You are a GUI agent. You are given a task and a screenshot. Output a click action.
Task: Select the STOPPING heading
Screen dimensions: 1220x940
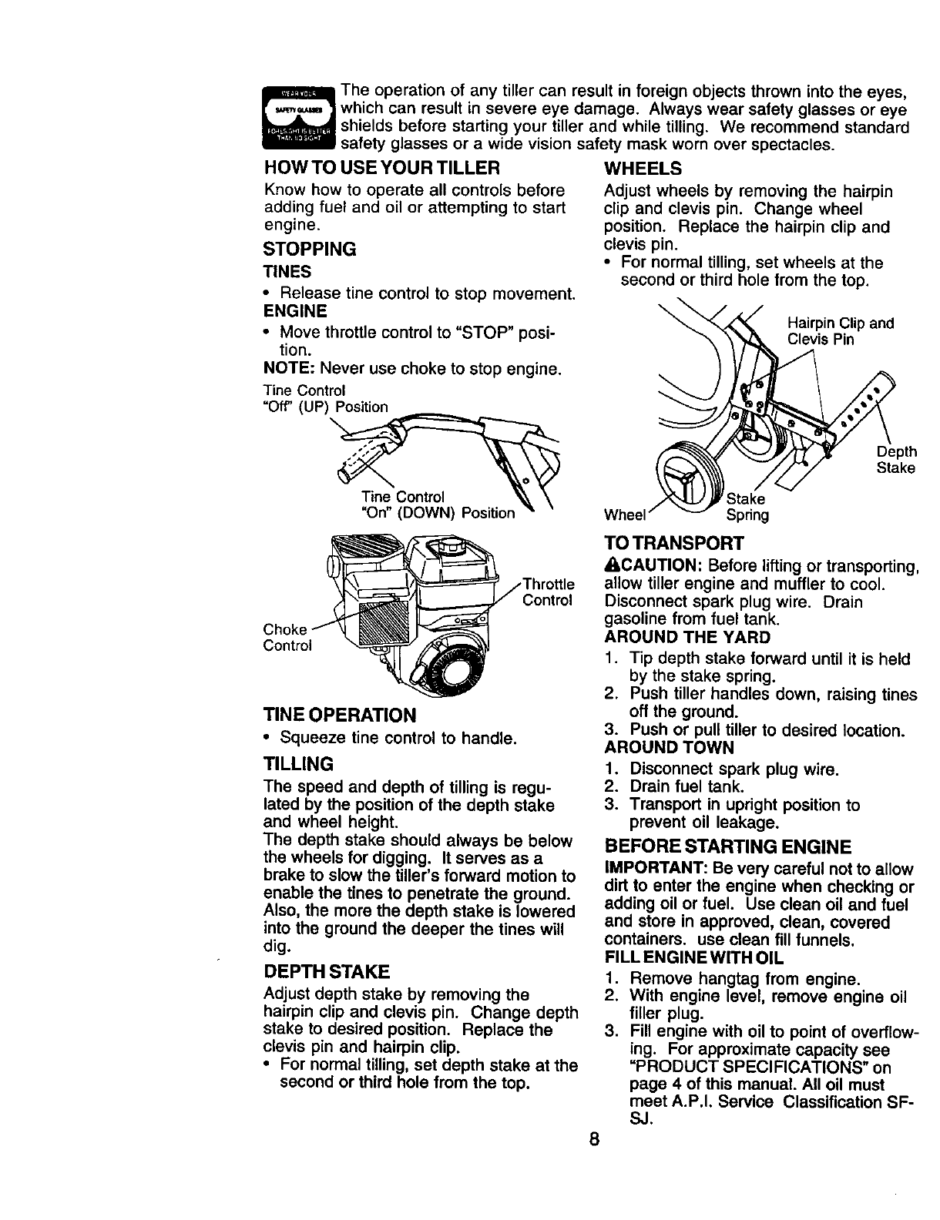tap(310, 249)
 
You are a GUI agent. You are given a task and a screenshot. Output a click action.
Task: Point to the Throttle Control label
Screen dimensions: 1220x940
tap(548, 592)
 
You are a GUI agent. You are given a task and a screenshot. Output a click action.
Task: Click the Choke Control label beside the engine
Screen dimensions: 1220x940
tap(287, 638)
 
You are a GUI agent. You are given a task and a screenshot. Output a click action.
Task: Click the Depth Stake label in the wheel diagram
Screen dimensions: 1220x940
tap(896, 460)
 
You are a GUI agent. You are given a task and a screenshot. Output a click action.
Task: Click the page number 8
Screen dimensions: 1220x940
tap(592, 1138)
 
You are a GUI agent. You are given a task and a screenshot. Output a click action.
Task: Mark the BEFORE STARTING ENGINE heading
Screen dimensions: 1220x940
tap(728, 847)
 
